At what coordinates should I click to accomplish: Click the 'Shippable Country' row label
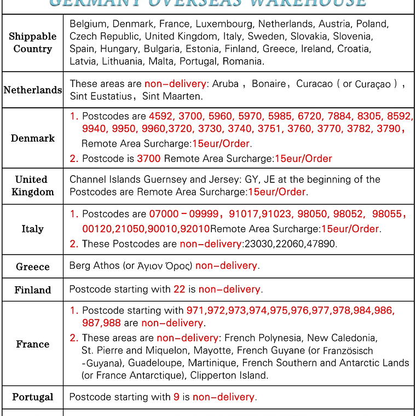[x=32, y=43]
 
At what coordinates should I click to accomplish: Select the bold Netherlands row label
[x=32, y=90]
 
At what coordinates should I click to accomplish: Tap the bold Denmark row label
[x=32, y=138]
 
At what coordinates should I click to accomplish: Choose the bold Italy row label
[x=32, y=229]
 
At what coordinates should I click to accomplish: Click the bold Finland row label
[x=32, y=290]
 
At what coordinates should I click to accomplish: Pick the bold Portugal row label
[x=32, y=397]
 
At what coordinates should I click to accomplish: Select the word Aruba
[x=225, y=84]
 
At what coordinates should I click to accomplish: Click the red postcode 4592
[x=160, y=117]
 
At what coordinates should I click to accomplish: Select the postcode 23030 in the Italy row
[x=255, y=244]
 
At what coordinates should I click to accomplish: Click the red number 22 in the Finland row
[x=180, y=289]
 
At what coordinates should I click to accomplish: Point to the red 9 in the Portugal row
[x=176, y=397]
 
